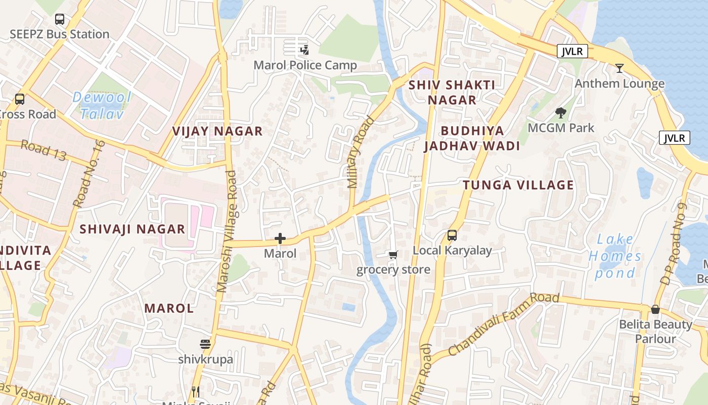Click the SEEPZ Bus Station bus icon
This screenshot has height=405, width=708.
pyautogui.click(x=60, y=20)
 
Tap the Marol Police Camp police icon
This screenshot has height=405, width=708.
pyautogui.click(x=304, y=50)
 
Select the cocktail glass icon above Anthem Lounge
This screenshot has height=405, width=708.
pyautogui.click(x=619, y=68)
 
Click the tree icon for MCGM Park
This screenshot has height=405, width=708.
pyautogui.click(x=560, y=113)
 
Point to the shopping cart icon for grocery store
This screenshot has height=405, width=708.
pyautogui.click(x=393, y=255)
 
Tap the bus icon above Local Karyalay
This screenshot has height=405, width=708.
pyautogui.click(x=452, y=235)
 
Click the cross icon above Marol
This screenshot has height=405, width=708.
pyautogui.click(x=280, y=238)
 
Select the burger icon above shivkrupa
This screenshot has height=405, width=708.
pyautogui.click(x=205, y=345)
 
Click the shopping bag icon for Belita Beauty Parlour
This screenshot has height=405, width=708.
pyautogui.click(x=655, y=309)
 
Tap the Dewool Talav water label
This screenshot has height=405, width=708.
pyautogui.click(x=102, y=105)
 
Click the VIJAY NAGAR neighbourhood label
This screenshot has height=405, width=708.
pyautogui.click(x=217, y=131)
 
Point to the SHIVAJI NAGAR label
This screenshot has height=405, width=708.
pyautogui.click(x=132, y=229)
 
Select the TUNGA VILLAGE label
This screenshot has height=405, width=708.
pyautogui.click(x=518, y=185)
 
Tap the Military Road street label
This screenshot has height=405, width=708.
pyautogui.click(x=360, y=152)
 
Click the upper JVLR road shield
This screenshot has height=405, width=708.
pyautogui.click(x=572, y=51)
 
